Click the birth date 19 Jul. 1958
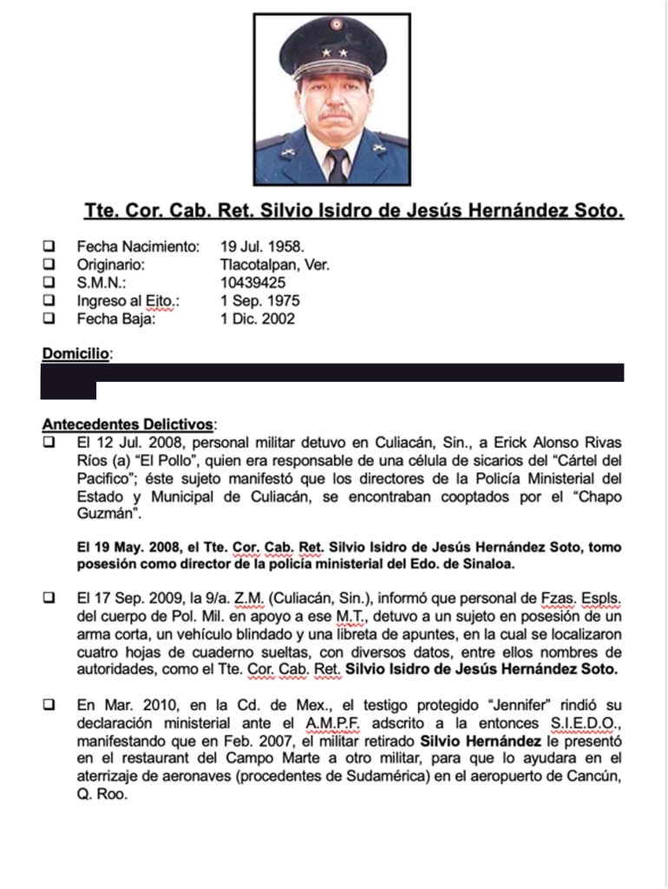262,247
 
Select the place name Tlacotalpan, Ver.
275,265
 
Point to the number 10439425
252,283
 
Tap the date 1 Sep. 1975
259,301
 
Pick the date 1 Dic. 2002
258,319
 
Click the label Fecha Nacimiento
138,247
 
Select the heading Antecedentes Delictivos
128,425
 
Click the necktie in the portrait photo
337,165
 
